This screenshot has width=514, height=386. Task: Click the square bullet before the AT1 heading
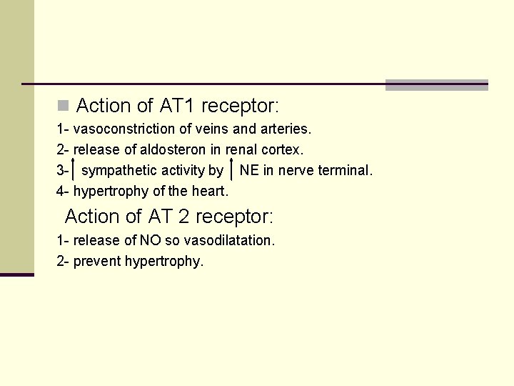[x=63, y=107]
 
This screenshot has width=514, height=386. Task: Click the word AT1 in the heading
[x=177, y=107]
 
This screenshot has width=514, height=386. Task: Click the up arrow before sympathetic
[x=74, y=170]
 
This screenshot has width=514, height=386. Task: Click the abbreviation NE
[x=249, y=171]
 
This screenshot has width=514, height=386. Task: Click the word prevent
[x=97, y=262]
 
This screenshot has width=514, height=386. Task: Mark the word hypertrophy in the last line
[x=164, y=262]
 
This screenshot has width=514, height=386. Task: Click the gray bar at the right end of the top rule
[x=436, y=85]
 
